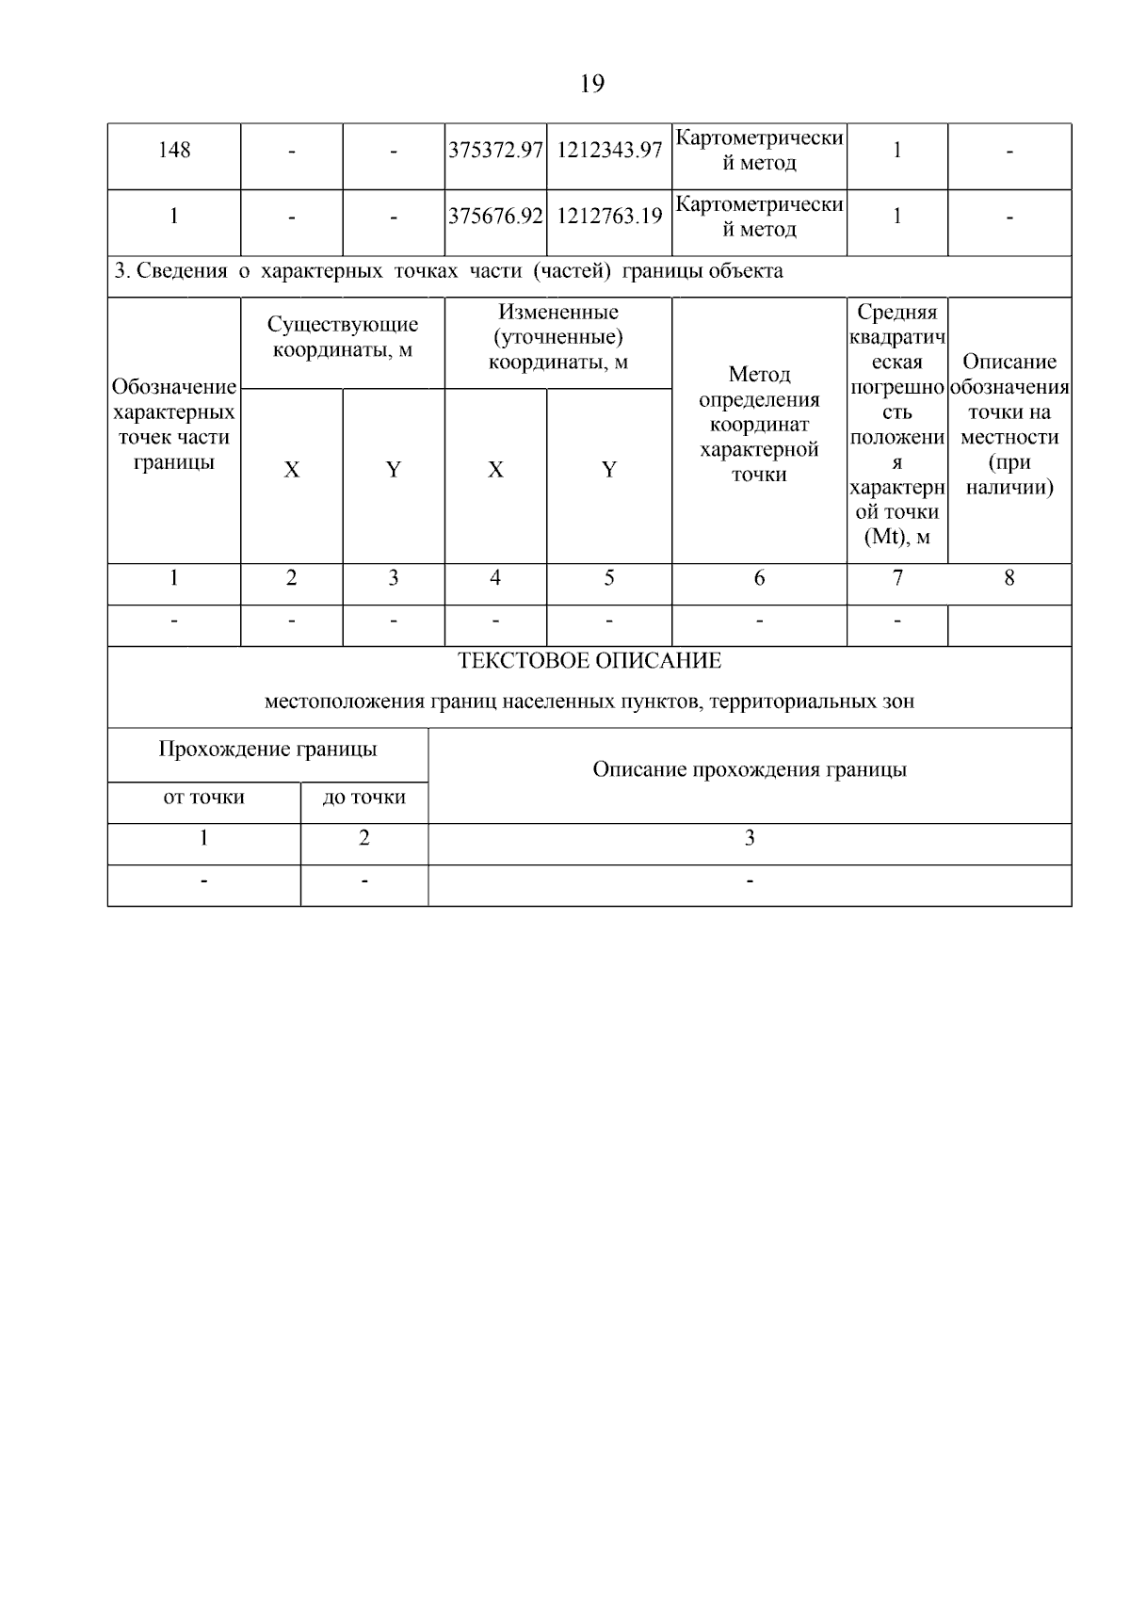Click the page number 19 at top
(591, 84)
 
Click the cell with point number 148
(174, 151)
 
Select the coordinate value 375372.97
(495, 151)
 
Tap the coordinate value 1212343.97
(608, 151)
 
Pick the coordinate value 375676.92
(495, 217)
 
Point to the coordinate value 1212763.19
(608, 217)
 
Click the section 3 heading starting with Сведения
(448, 272)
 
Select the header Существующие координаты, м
(343, 337)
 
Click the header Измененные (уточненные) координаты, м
(557, 337)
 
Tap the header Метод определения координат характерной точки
(759, 425)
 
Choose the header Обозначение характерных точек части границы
(174, 425)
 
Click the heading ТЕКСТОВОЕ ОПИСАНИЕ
(589, 661)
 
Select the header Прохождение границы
(267, 750)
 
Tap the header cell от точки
(203, 798)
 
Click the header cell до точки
(363, 798)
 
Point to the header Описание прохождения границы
(750, 770)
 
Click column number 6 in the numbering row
(759, 578)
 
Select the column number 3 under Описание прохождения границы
(750, 838)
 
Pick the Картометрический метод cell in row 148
(759, 151)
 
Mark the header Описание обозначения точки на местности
(1009, 425)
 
